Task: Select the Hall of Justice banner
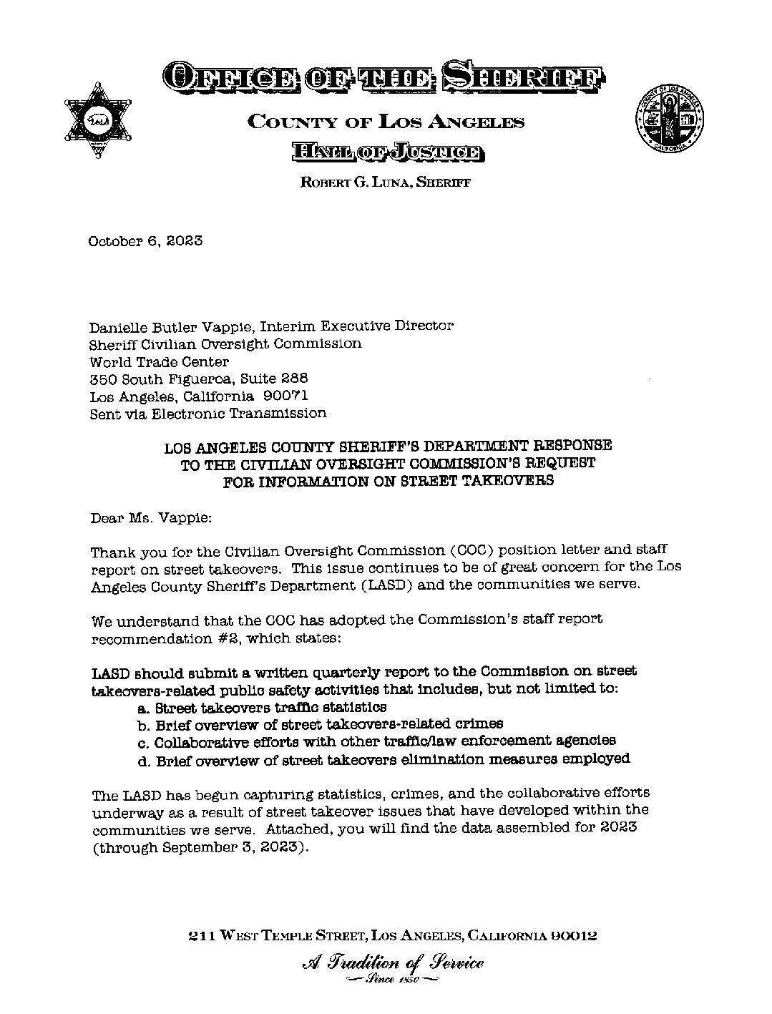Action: click(386, 151)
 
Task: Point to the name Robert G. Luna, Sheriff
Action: click(385, 182)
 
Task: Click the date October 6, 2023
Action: click(145, 240)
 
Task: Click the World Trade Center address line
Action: click(159, 361)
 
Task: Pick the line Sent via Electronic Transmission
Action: click(207, 413)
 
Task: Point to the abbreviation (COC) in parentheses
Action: click(473, 550)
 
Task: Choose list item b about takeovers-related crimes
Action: click(319, 724)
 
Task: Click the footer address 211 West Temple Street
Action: click(391, 935)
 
